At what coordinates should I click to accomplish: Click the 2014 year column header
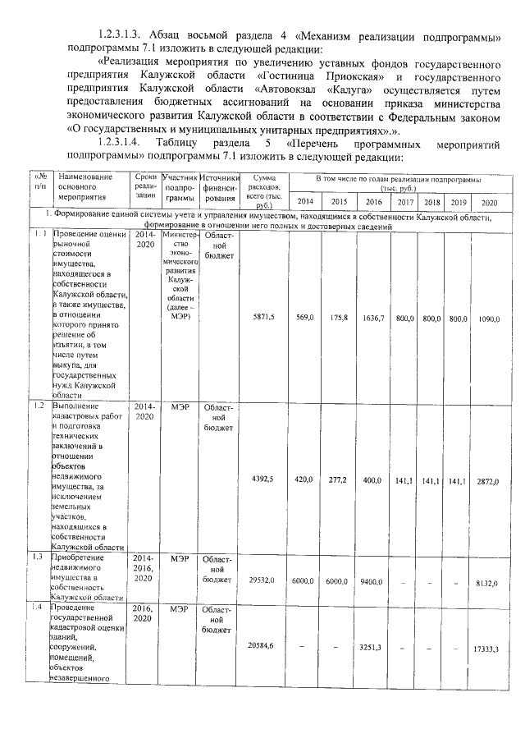pos(304,202)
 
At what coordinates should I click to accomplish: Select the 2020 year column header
pos(490,202)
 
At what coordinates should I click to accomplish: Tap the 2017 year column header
pos(405,202)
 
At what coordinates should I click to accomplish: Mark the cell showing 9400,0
pos(374,580)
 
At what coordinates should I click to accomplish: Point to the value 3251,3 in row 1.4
pos(374,647)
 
